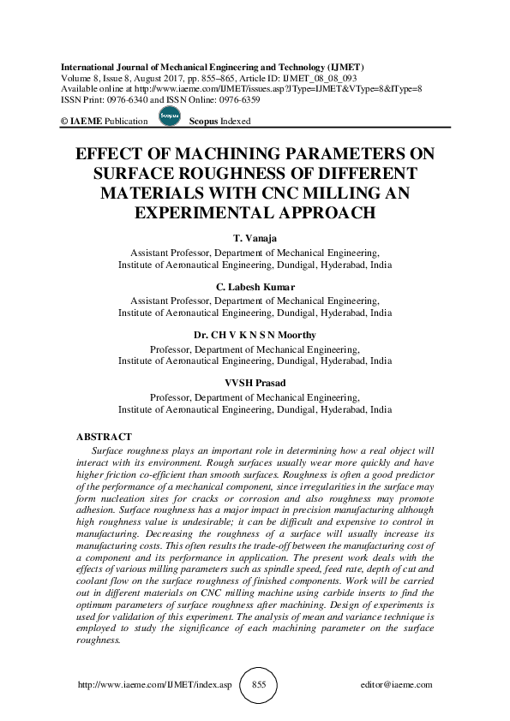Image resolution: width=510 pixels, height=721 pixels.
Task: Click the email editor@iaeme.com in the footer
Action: [398, 686]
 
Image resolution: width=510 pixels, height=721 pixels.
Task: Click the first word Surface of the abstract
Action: [108, 450]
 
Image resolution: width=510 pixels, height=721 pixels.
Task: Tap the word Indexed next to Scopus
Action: [236, 122]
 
